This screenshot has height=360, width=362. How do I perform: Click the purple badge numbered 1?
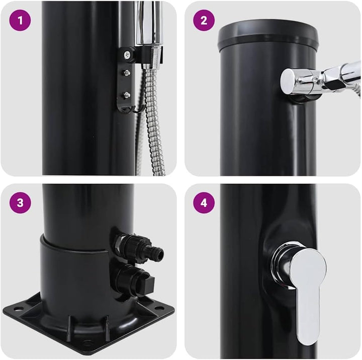tap(20, 20)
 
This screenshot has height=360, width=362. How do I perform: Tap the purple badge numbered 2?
tap(204, 20)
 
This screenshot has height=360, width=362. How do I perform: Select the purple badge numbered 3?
tap(20, 203)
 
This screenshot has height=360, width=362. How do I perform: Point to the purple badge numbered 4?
tap(204, 203)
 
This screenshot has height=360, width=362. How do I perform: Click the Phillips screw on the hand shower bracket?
tap(127, 55)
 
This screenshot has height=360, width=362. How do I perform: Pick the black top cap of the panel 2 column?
tap(268, 35)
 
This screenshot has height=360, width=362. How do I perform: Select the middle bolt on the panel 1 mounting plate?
tap(127, 73)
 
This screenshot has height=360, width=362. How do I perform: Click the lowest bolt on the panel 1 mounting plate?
tap(127, 94)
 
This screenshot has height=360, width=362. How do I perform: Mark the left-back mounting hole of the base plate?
tap(16, 308)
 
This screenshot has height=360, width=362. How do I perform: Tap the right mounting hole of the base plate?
tap(158, 308)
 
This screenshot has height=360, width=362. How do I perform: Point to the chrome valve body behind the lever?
tap(281, 264)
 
